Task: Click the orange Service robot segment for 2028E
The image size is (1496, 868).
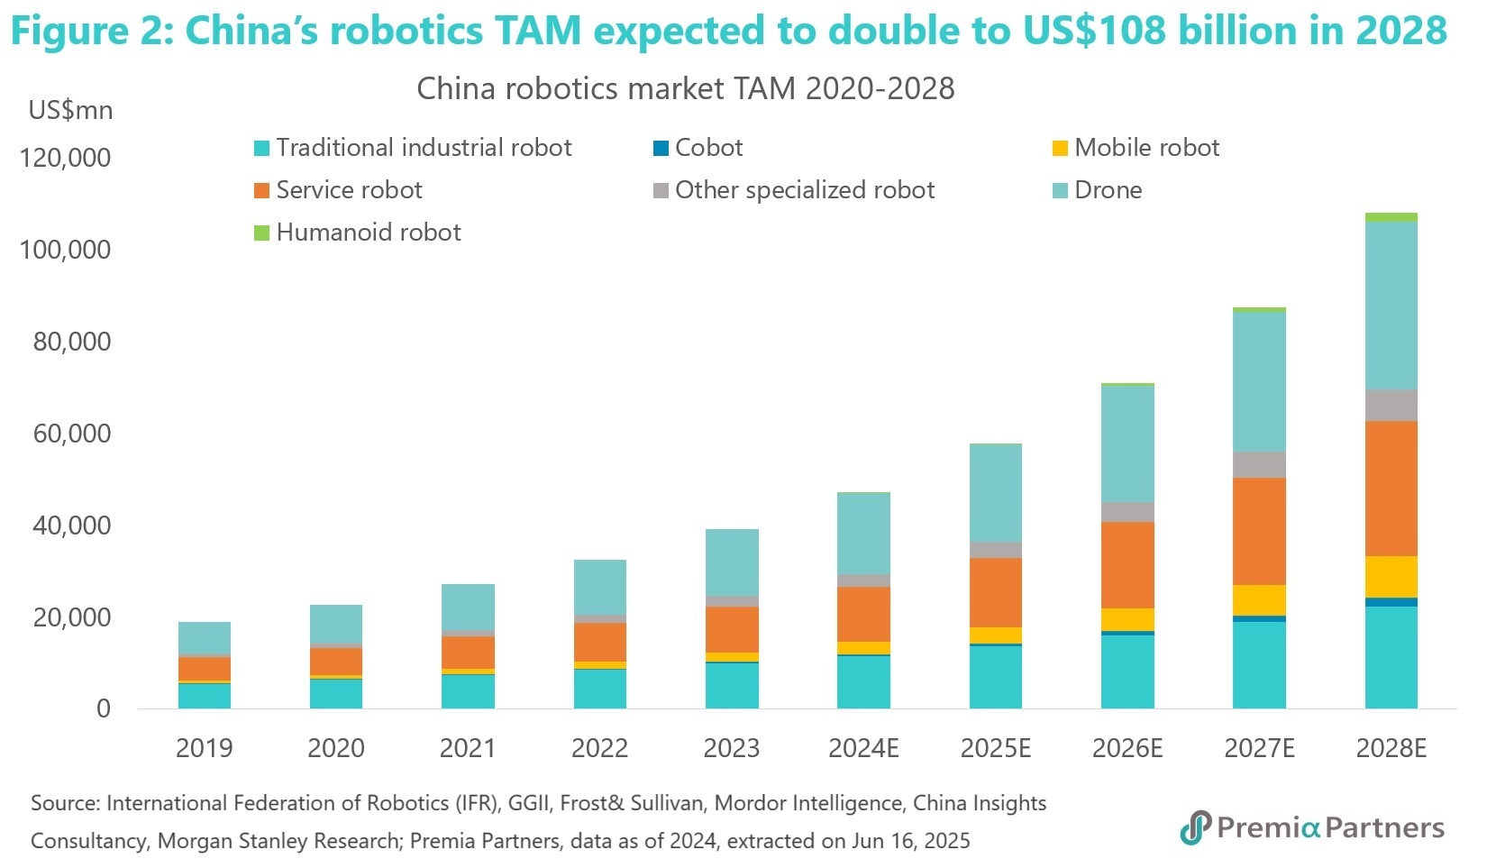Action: point(1391,488)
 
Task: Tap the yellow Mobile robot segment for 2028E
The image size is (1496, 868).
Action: point(1391,577)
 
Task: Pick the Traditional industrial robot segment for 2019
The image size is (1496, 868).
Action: point(205,696)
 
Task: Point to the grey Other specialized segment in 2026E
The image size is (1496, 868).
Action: point(1127,512)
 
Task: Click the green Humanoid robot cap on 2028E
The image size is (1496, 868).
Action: point(1391,217)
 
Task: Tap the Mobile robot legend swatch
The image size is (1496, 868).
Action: point(1061,149)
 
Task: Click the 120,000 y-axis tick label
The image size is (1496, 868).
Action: point(65,158)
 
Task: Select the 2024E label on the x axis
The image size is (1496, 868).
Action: point(863,748)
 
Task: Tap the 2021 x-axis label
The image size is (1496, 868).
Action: point(468,748)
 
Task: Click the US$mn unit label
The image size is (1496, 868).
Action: point(70,111)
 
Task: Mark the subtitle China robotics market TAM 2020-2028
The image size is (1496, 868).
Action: point(685,88)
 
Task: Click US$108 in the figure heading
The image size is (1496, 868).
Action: point(1090,32)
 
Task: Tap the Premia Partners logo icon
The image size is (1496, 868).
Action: point(1195,827)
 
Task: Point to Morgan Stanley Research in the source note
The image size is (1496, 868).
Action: point(278,841)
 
